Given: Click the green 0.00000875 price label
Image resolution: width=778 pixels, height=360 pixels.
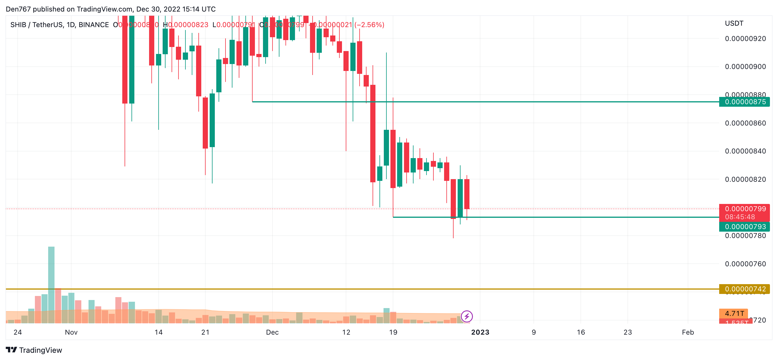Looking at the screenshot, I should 745,102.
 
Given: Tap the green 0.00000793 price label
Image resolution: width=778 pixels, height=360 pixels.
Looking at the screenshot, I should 745,226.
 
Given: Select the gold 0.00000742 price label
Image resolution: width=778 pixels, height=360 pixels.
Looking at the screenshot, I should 745,289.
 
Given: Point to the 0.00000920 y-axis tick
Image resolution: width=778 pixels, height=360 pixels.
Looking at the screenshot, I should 745,39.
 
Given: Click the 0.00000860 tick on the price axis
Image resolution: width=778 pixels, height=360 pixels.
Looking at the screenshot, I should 745,123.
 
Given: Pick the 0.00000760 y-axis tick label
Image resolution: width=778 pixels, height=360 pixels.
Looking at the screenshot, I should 745,264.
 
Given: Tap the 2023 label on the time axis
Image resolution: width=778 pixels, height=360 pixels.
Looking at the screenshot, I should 480,332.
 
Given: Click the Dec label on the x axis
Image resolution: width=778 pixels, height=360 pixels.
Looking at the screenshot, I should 272,332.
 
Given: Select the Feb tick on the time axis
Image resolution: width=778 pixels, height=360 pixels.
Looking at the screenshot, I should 688,332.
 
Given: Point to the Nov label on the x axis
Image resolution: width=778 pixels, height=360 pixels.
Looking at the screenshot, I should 71,332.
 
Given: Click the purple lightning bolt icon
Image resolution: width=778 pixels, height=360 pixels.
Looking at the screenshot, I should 467,316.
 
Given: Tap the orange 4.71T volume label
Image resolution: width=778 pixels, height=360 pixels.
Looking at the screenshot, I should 734,314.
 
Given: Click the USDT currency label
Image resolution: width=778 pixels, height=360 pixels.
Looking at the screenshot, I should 734,24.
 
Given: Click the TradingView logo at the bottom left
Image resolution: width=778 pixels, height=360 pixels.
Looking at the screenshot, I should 34,350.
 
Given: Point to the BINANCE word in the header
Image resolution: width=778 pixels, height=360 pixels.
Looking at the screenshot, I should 94,25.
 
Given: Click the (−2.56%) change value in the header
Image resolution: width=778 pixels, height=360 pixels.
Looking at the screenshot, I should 369,25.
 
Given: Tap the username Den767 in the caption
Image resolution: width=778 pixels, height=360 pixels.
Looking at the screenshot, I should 18,9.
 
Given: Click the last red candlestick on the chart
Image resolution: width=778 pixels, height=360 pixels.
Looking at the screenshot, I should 467,194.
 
